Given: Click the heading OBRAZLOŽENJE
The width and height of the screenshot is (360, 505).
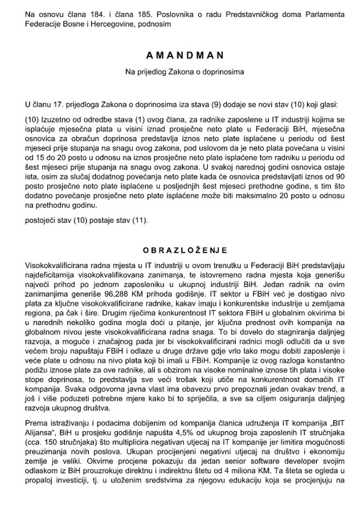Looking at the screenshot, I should coord(180,250).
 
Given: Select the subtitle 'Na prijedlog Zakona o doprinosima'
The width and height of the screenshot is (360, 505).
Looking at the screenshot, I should coord(180,72).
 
